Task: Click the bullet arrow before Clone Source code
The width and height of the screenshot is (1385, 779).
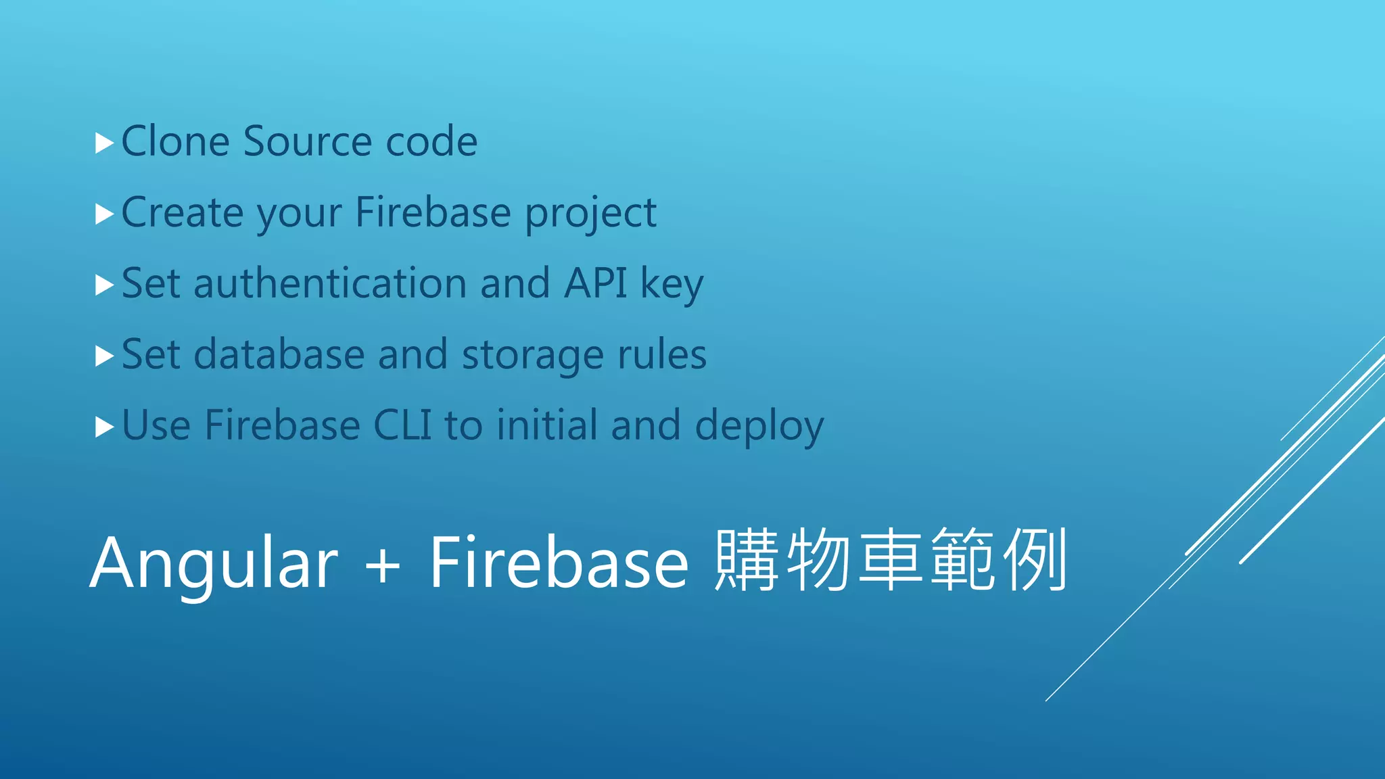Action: pos(103,143)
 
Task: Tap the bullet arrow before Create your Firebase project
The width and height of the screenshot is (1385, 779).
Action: pos(103,214)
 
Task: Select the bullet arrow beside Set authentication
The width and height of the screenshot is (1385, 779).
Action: pos(103,285)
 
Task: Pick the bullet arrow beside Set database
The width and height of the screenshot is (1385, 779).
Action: pos(103,356)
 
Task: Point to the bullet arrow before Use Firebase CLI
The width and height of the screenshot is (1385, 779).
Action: pos(103,427)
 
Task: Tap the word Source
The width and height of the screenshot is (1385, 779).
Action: pos(308,142)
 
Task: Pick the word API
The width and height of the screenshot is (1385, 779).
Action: pos(595,283)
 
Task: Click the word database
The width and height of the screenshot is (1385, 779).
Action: pos(279,354)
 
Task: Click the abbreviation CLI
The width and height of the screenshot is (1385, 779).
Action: pos(402,425)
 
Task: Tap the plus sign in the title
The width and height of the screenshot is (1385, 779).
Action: pos(383,565)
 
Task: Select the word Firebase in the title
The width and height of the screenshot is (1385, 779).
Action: pos(559,563)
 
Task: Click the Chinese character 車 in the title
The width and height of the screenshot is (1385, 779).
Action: pos(891,560)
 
